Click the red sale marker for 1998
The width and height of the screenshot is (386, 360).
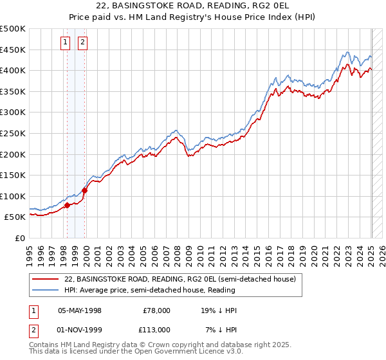coord(68,206)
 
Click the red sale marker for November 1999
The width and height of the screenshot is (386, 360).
coord(84,191)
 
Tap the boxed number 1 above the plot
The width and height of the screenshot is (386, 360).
coord(66,43)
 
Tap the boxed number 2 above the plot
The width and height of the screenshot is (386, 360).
coord(83,43)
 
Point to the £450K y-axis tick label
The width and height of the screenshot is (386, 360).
coord(12,50)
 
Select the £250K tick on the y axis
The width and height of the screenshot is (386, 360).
coord(12,133)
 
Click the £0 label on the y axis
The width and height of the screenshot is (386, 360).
coord(19,238)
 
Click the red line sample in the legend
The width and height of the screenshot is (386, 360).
coord(46,279)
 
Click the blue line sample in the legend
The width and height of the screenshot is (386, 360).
coord(46,290)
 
